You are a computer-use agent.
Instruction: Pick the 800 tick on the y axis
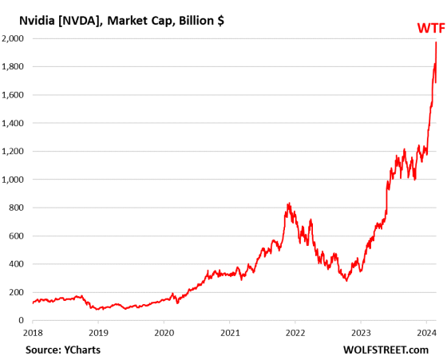tap(15, 208)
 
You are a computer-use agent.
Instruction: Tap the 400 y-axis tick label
tap(15, 264)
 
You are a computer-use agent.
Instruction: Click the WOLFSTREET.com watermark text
tap(394, 350)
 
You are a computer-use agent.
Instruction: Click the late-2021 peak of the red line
tap(287, 204)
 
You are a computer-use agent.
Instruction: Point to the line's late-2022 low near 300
tap(346, 280)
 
